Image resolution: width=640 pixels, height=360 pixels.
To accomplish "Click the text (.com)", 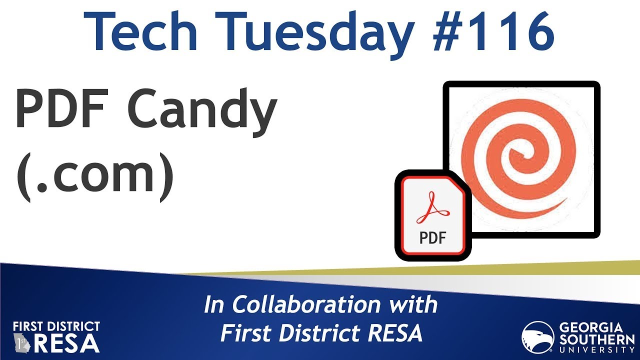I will pyautogui.click(x=95, y=174).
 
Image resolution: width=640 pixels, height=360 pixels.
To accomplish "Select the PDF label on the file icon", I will pyautogui.click(x=432, y=237).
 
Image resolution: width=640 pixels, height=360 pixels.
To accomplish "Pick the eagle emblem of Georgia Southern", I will pyautogui.click(x=538, y=337).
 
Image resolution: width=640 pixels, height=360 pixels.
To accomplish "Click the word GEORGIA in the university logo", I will pyautogui.click(x=590, y=328).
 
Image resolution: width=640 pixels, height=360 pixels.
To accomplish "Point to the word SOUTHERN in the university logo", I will pyautogui.click(x=590, y=339).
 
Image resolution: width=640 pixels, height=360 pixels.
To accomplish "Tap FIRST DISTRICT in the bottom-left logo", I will pyautogui.click(x=56, y=326).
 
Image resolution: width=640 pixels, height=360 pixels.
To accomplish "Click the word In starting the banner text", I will pyautogui.click(x=214, y=305).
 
